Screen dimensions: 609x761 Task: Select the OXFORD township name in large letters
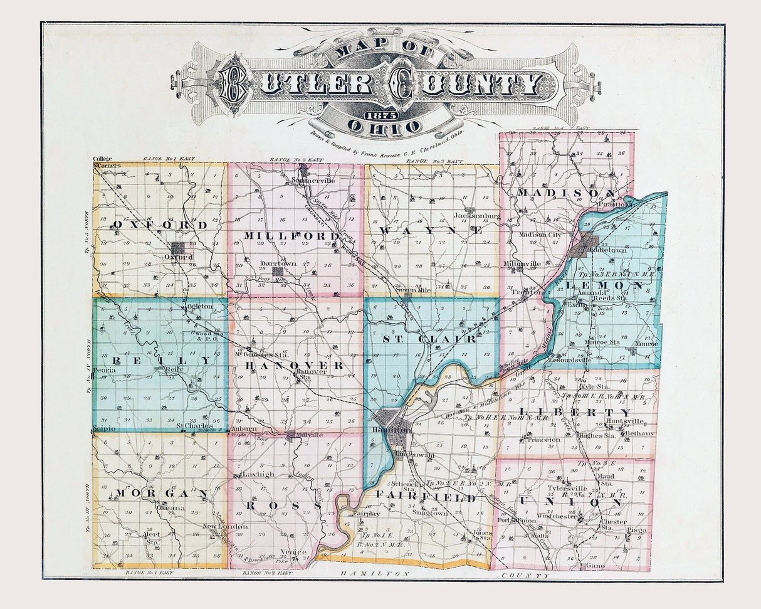coord(160,225)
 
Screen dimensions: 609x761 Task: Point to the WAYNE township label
coord(432,230)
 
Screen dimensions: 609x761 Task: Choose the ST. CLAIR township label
coord(429,339)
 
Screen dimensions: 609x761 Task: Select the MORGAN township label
coord(160,494)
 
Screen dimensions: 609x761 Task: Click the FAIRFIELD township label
coord(426,497)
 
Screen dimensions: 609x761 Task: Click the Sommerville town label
coord(313,180)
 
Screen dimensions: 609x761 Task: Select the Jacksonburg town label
coord(477,216)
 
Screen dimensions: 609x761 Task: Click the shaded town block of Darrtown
coord(277,272)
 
